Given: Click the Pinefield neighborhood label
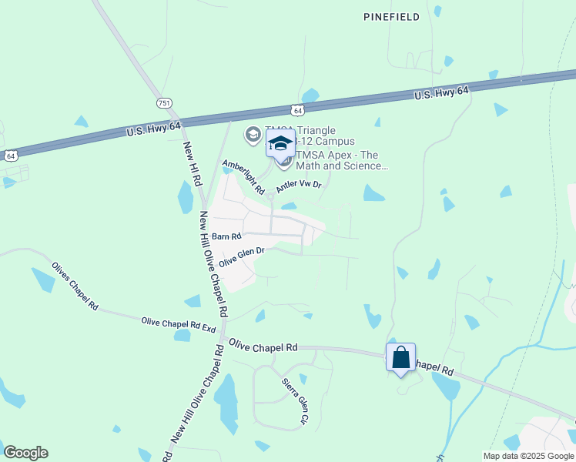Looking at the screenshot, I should (x=392, y=17).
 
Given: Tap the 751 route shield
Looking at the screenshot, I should (x=163, y=102).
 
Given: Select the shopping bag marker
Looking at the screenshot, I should (x=400, y=358).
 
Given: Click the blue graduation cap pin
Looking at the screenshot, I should (x=280, y=143).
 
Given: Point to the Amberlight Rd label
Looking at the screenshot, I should (x=243, y=177).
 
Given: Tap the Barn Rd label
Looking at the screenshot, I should (x=227, y=237).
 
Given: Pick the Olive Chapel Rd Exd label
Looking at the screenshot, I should (x=178, y=324).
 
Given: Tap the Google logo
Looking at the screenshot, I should (x=25, y=453).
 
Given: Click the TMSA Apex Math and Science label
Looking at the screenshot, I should (x=338, y=160).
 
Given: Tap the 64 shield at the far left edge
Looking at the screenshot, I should (x=10, y=156).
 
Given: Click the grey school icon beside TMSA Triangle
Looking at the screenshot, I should (x=253, y=136).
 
